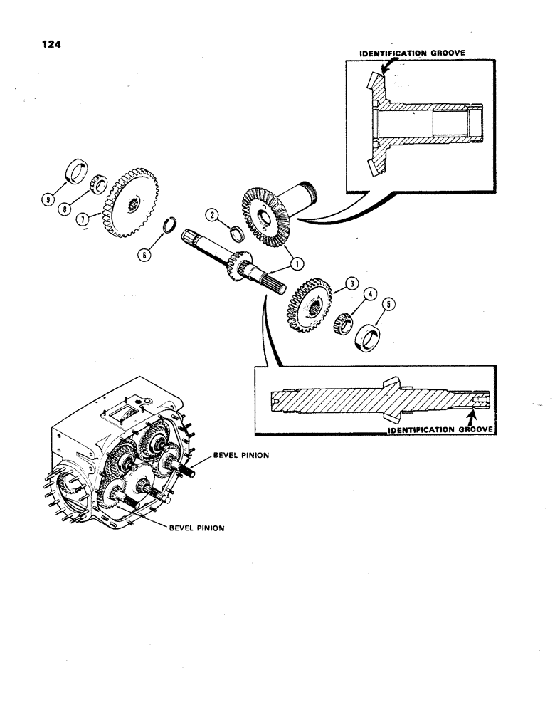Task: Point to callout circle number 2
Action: click(x=211, y=214)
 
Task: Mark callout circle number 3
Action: click(x=351, y=284)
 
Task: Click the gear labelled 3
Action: click(x=311, y=305)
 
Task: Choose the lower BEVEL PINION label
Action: click(x=196, y=529)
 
